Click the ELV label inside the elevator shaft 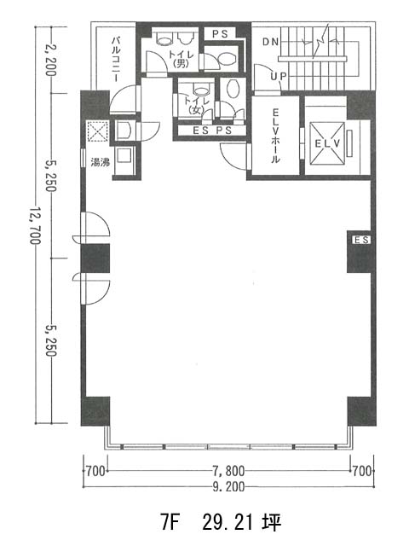327,143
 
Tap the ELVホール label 275,136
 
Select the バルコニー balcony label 116,59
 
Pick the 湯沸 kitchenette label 101,162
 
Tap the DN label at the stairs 271,42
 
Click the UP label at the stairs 279,76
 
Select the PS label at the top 220,34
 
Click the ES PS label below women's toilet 212,131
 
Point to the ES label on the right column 361,240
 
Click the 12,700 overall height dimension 35,225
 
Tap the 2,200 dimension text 51,60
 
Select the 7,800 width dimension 228,471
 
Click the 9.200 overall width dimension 228,486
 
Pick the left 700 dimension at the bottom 95,471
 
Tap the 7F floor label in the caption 170,522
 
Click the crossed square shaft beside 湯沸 98,131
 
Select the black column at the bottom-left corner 95,411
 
